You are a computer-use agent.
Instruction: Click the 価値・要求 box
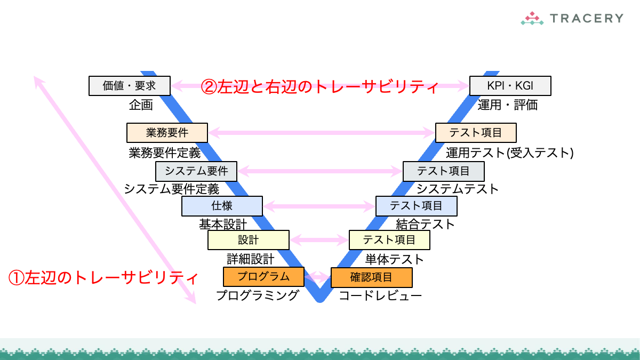pyautogui.click(x=130, y=85)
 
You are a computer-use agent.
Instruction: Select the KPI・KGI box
pyautogui.click(x=510, y=85)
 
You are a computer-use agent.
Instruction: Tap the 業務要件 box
pyautogui.click(x=167, y=132)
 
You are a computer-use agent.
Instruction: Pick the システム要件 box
pyautogui.click(x=196, y=171)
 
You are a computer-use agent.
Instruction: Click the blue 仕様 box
pyautogui.click(x=222, y=205)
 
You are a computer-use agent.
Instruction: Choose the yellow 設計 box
pyautogui.click(x=248, y=240)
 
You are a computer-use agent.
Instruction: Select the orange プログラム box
pyautogui.click(x=263, y=276)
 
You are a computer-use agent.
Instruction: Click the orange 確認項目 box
pyautogui.click(x=371, y=277)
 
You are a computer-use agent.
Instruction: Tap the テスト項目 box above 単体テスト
pyautogui.click(x=389, y=240)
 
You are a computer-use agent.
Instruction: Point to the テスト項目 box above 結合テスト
pyautogui.click(x=416, y=205)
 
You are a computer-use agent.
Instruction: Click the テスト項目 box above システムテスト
pyautogui.click(x=443, y=171)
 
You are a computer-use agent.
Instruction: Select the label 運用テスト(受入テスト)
pyautogui.click(x=509, y=153)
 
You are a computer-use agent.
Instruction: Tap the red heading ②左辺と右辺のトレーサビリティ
pyautogui.click(x=319, y=86)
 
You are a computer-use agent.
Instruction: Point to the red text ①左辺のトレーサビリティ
pyautogui.click(x=104, y=277)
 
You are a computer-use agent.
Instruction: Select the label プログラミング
pyautogui.click(x=257, y=295)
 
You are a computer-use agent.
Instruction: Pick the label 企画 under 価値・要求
pyautogui.click(x=141, y=105)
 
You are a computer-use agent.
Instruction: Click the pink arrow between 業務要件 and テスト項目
pyautogui.click(x=322, y=132)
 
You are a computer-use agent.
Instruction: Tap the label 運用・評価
pyautogui.click(x=507, y=105)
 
